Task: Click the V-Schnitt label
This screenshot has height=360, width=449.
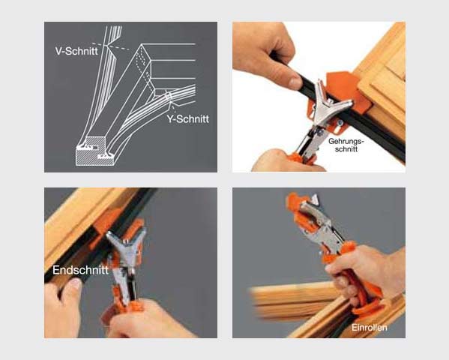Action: (x=76, y=51)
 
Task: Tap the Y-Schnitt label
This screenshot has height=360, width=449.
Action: (x=188, y=118)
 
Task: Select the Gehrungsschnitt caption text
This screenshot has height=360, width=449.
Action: (x=346, y=145)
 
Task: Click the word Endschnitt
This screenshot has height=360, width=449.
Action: (x=80, y=270)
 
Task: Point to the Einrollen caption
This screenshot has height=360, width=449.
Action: (x=370, y=327)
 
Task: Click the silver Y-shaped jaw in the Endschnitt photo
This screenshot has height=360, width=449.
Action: (x=126, y=246)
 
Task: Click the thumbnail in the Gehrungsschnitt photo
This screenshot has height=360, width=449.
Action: (x=295, y=82)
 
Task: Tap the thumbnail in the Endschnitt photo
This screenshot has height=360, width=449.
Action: (x=75, y=283)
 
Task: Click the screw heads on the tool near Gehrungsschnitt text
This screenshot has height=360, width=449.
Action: (x=329, y=127)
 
